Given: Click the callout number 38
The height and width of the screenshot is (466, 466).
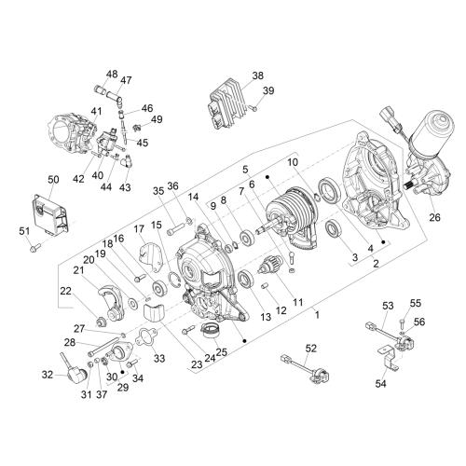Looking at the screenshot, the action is (257, 75).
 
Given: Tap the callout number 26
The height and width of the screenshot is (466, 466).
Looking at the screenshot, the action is (434, 217).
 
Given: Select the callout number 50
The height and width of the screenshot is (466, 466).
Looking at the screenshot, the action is (53, 180).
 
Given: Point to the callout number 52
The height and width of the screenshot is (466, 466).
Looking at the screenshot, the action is (310, 349).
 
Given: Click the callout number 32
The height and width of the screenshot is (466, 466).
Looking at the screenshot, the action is (48, 375).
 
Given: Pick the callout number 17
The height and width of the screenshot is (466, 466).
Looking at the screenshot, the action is (139, 229).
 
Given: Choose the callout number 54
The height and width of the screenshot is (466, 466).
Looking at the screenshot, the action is (380, 384).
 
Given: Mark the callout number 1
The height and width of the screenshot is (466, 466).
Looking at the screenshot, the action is (317, 315).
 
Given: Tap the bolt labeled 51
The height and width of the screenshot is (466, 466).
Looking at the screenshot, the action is (34, 248).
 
